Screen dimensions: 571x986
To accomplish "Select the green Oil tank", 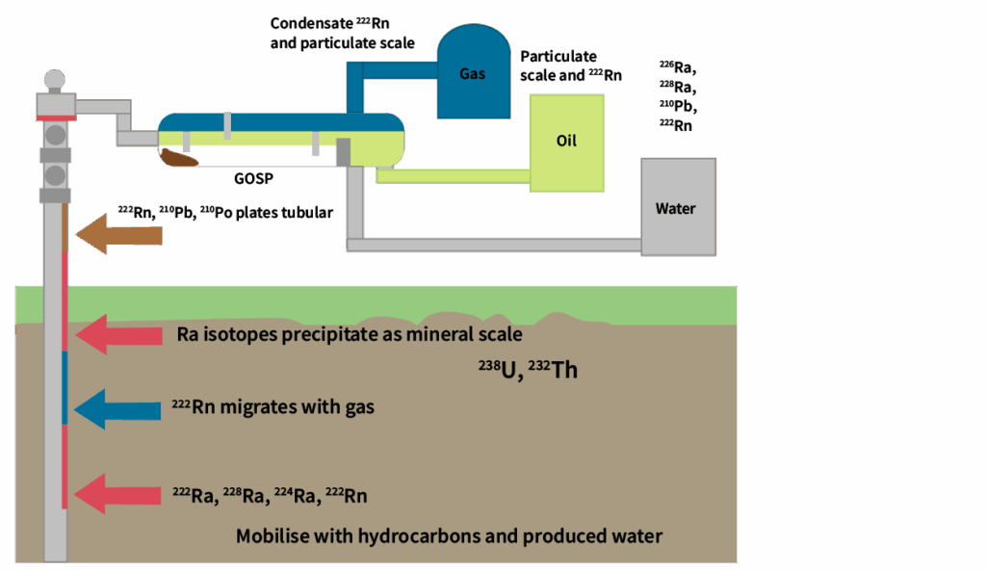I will pos(566,142).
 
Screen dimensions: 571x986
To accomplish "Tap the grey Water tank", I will pos(678,207).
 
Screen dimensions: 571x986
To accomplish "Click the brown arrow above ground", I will pos(119,234).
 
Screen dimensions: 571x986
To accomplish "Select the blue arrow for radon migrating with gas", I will pos(117,408).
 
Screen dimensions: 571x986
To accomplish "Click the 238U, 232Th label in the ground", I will pos(528,368).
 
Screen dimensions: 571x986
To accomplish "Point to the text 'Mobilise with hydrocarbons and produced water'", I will pos(449,535).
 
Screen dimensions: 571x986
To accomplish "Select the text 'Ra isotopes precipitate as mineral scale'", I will pos(349,334).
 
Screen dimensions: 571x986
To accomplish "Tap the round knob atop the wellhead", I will pos(55,78).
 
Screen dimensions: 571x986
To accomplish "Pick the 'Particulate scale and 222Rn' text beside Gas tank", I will pos(558,65).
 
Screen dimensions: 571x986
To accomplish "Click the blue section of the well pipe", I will pos(64,387).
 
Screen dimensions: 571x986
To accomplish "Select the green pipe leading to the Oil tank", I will pos(453,175).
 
